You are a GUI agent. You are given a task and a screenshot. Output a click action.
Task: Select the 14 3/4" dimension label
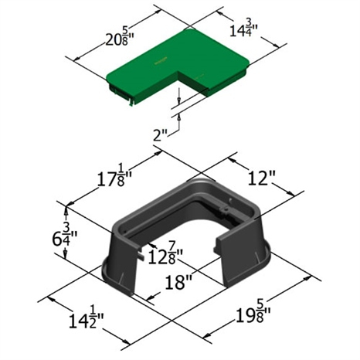click(x=244, y=29)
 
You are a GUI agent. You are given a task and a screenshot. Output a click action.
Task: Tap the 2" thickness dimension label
click(x=160, y=135)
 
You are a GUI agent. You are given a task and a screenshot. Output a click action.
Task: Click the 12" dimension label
click(x=262, y=178)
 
